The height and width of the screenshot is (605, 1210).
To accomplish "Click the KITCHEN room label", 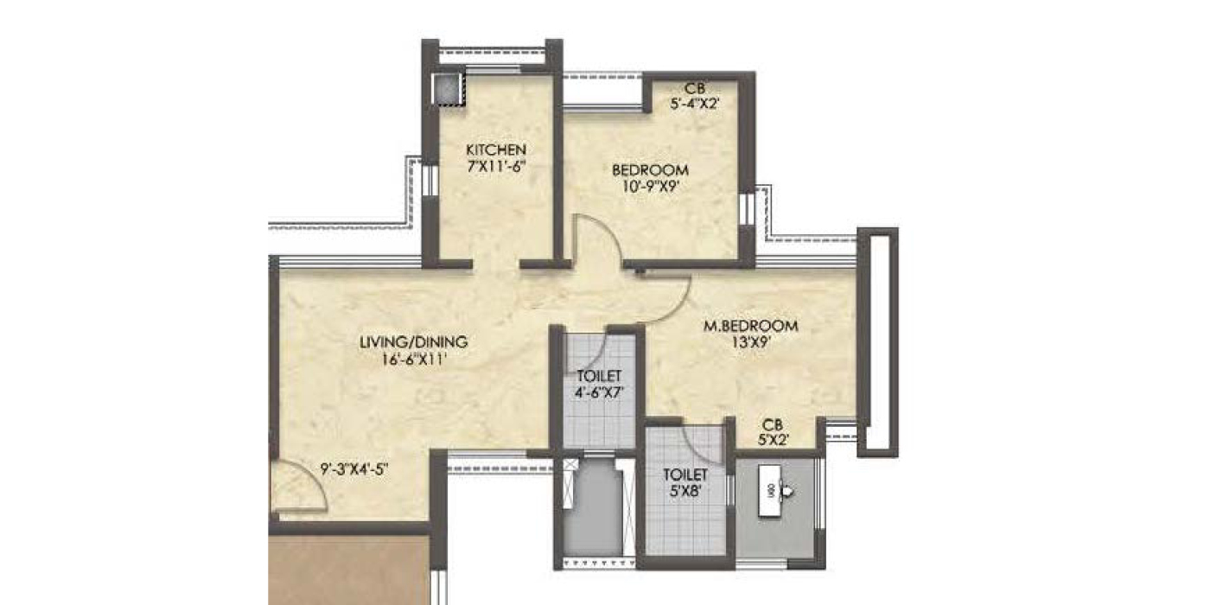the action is click(496, 150).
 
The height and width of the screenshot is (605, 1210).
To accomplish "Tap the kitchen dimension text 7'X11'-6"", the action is click(496, 166).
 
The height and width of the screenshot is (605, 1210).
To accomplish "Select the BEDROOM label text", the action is click(650, 170).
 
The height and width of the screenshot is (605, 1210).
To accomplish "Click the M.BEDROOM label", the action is click(751, 327).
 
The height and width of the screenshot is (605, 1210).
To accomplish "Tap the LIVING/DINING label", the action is click(414, 342).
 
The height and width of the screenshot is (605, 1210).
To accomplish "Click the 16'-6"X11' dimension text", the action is click(414, 359).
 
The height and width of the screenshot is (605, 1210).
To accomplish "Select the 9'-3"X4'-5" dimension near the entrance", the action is click(355, 468).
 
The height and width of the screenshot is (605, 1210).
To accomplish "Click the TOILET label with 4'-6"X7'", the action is click(599, 384).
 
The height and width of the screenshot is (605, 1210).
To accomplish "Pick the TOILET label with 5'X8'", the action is click(685, 483).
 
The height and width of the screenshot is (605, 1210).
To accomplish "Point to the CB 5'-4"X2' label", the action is click(695, 96).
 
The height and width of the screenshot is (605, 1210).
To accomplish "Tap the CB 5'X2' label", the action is click(773, 433).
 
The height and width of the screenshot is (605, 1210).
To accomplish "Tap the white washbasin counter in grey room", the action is click(770, 490).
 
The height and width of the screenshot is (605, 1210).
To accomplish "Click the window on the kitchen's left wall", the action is click(430, 180).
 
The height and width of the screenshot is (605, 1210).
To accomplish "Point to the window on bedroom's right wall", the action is click(747, 208).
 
